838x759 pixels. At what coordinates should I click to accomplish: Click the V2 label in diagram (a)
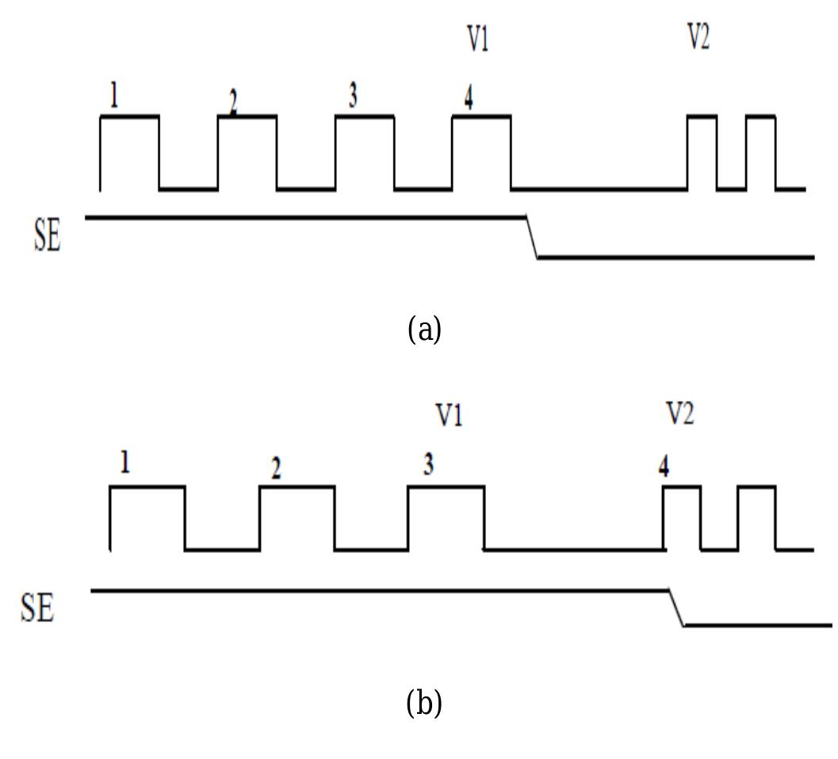pos(698,36)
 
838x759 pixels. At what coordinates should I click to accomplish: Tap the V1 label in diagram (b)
pos(449,414)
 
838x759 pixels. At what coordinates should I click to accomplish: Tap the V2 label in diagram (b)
pos(679,413)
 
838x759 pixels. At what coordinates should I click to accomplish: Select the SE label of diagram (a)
pos(47,237)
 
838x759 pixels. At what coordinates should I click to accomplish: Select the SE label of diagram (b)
pos(37,608)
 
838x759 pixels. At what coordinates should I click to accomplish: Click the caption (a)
pos(424,329)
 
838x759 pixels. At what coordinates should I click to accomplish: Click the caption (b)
pos(424,702)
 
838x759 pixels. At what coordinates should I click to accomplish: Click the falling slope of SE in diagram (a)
pos(532,236)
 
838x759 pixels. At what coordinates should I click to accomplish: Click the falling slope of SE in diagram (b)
pos(677,608)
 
